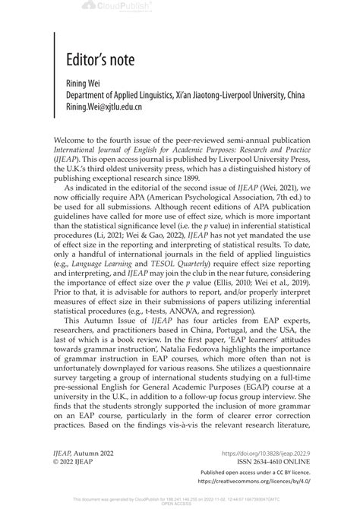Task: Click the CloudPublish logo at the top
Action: [x=179, y=6]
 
